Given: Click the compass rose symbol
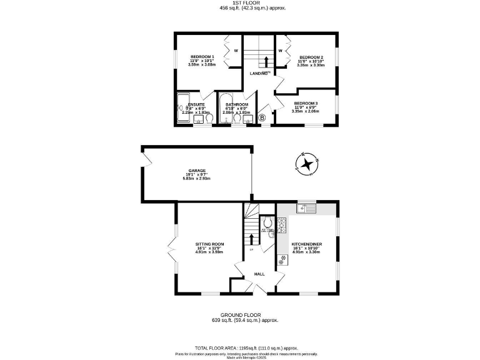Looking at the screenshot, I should [306, 164].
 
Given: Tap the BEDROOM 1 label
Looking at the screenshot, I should [202, 57].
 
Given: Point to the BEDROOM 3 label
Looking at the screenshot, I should [306, 103].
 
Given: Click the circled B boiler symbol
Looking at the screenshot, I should [262, 117].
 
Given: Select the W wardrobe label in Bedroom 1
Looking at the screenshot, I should [236, 51].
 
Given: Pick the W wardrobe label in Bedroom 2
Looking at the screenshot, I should [281, 51].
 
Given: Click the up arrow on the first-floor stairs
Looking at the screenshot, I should [267, 61].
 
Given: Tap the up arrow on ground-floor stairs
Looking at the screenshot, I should [252, 239].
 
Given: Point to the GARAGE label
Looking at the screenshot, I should [197, 170].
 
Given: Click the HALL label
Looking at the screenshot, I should [259, 274].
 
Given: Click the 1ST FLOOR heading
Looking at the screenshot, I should [241, 3].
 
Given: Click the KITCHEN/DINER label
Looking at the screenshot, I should [306, 244].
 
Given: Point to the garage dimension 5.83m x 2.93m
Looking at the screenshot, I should [197, 179].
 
